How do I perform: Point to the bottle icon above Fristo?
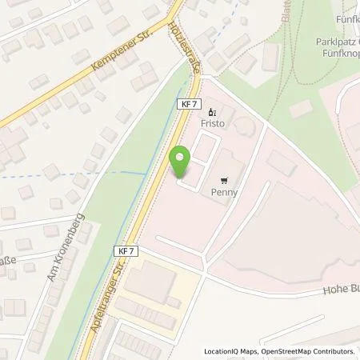click(211, 113)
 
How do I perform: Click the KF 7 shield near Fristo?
click(187, 104)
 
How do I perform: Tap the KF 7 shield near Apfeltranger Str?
click(126, 251)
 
